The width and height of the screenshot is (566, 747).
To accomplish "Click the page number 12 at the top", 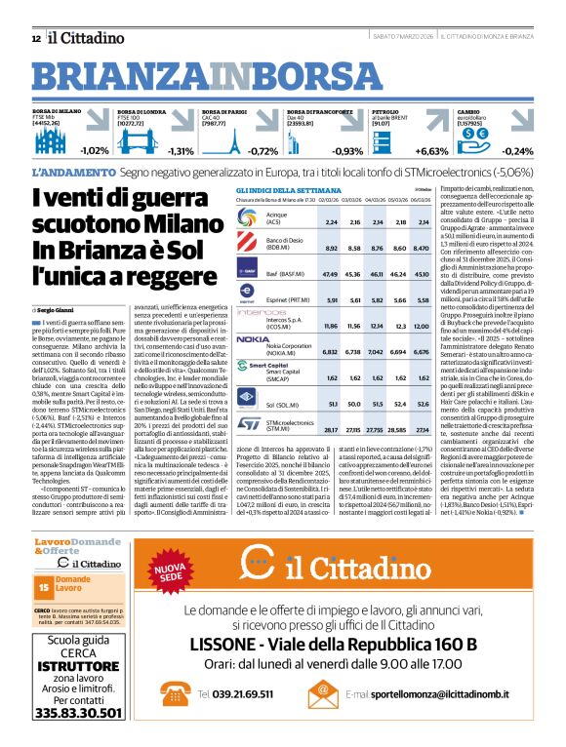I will pos(35,38).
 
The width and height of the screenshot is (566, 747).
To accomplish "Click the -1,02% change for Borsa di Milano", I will pos(95,151).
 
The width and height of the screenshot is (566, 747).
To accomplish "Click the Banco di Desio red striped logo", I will pos(248,244).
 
